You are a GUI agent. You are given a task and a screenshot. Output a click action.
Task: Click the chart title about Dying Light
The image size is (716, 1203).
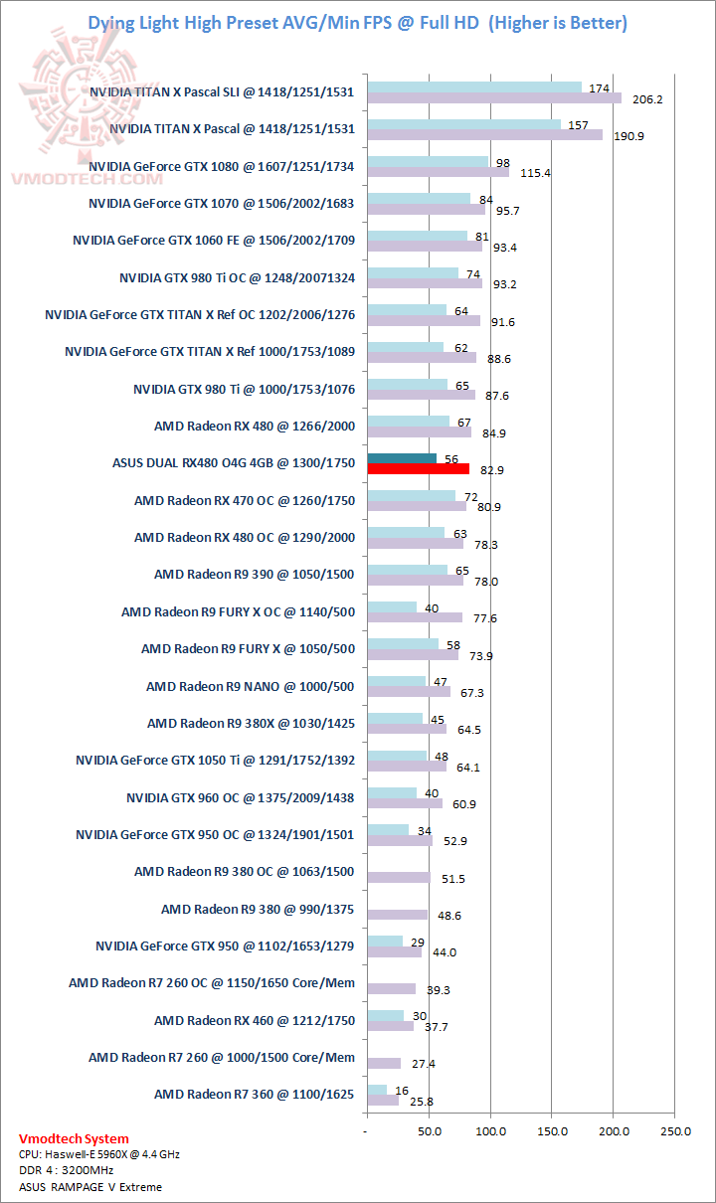(358, 22)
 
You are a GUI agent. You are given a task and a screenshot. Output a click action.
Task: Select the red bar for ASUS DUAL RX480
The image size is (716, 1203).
(418, 469)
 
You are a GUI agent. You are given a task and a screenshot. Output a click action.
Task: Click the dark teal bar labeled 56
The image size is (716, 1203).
(401, 458)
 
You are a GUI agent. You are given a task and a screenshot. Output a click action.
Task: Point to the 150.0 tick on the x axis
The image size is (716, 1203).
(552, 1131)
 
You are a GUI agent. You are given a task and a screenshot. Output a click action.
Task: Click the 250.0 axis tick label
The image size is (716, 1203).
(675, 1131)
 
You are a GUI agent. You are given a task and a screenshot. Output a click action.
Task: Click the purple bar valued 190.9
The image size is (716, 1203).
(484, 134)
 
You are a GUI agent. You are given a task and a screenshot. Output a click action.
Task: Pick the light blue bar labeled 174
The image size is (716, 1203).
(473, 87)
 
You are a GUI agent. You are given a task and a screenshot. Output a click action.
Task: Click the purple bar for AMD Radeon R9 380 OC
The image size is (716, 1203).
(398, 878)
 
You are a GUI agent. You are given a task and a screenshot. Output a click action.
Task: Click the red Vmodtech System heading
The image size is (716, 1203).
(74, 1139)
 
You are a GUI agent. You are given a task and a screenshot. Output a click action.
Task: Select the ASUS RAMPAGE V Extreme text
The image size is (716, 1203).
(89, 1187)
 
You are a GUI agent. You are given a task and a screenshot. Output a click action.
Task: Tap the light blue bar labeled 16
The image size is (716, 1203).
(376, 1090)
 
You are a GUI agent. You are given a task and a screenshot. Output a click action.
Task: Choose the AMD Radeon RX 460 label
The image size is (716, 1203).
(254, 1020)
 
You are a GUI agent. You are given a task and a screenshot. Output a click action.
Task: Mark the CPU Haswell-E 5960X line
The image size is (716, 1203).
(98, 1155)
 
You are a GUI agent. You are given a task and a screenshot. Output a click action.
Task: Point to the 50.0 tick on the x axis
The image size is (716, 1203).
(429, 1131)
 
